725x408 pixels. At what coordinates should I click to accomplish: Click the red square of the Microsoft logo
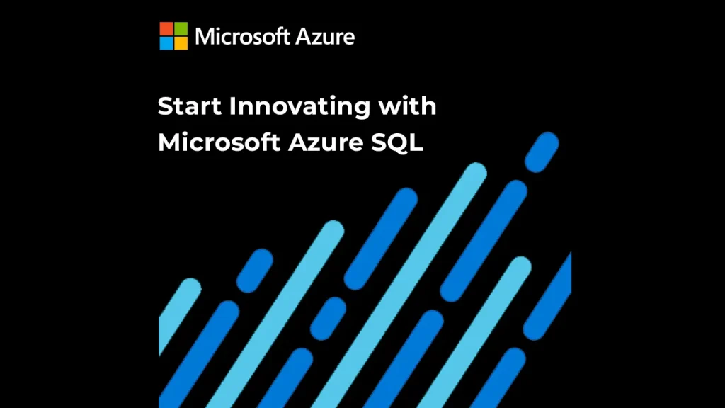pyautogui.click(x=166, y=28)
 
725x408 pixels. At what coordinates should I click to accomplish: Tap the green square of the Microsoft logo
pyautogui.click(x=181, y=28)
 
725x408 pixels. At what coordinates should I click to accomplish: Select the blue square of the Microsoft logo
pyautogui.click(x=166, y=43)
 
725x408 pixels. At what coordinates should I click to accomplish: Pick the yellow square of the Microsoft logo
pyautogui.click(x=181, y=43)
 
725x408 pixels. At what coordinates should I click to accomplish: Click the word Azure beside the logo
pyautogui.click(x=325, y=37)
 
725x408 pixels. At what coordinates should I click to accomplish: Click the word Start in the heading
pyautogui.click(x=190, y=106)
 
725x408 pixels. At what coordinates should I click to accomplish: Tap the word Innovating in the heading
pyautogui.click(x=300, y=107)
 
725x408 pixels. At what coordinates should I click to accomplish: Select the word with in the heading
pyautogui.click(x=407, y=106)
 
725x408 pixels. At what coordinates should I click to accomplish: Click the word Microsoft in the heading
pyautogui.click(x=219, y=142)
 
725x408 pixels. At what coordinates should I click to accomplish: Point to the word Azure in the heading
pyautogui.click(x=326, y=142)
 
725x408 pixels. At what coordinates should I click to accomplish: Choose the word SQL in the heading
pyautogui.click(x=397, y=142)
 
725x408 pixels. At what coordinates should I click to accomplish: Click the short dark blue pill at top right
pyautogui.click(x=542, y=152)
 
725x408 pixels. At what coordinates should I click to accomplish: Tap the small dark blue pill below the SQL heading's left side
pyautogui.click(x=255, y=271)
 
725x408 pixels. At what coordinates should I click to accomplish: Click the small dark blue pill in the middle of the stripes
pyautogui.click(x=328, y=319)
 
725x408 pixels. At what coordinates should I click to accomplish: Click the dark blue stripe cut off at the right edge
pyautogui.click(x=547, y=296)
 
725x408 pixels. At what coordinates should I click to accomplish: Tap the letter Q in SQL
pyautogui.click(x=398, y=143)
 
